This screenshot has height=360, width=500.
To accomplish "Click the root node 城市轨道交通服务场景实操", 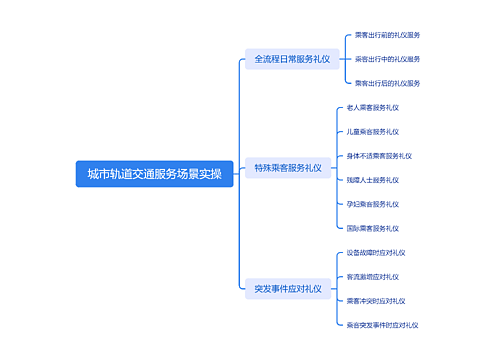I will (154, 173).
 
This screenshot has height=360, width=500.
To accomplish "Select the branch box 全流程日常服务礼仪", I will (291, 59).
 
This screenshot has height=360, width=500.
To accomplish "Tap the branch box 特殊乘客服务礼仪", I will (288, 168).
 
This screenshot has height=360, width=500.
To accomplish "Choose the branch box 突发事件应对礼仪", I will (288, 289).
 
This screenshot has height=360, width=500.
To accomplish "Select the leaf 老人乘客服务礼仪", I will (372, 107).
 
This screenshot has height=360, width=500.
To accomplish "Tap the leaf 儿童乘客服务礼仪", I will (372, 131).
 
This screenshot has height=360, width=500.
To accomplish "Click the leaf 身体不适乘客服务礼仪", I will (379, 156).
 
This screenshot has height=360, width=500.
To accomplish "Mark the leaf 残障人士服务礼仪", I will (372, 180).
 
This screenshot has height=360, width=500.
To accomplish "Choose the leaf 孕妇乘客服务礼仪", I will (372, 204).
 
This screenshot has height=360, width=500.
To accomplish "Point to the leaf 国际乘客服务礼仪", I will (372, 228).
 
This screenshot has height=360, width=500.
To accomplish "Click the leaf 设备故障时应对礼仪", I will (375, 252).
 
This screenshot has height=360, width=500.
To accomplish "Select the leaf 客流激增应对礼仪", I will (372, 276).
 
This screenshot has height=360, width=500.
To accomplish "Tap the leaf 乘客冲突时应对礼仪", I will (375, 300).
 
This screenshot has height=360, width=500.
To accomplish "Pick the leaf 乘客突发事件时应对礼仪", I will (382, 325).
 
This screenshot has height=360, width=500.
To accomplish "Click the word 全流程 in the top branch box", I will (268, 59).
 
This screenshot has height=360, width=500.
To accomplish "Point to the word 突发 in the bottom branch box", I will (263, 289).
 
